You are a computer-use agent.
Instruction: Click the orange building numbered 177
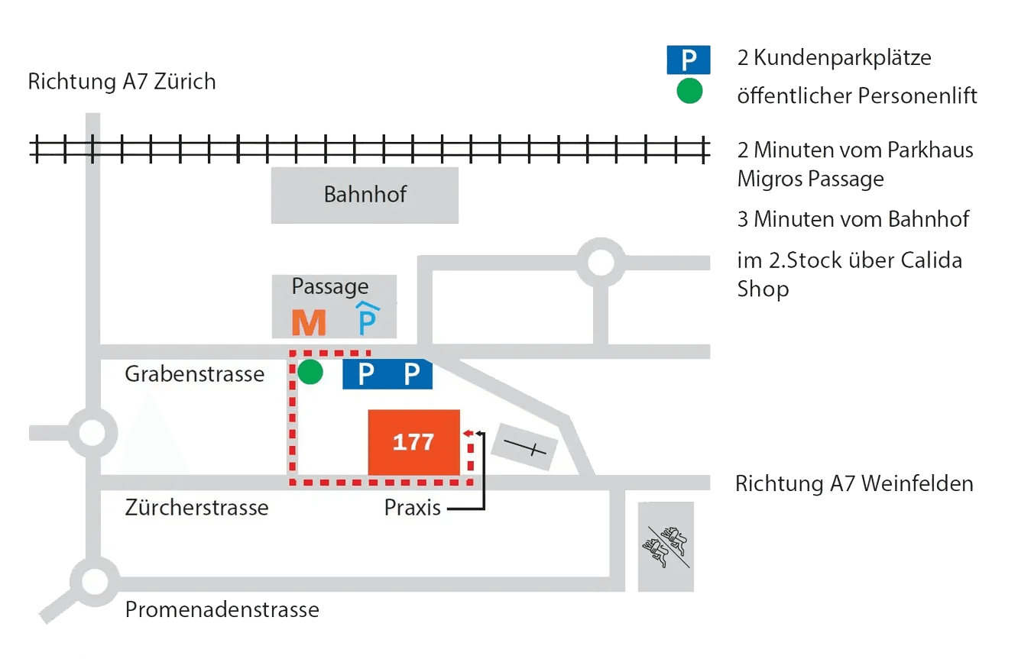413,442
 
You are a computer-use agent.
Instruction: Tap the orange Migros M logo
309,322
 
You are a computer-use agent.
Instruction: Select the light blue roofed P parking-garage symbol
368,319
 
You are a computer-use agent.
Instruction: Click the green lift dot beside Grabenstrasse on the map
310,373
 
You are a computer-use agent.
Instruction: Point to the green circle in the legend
689,92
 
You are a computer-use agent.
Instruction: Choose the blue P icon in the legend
689,60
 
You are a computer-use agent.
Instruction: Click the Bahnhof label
365,194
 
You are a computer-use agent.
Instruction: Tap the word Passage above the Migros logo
329,287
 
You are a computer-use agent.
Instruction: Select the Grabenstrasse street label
195,374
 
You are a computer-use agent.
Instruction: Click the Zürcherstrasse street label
196,507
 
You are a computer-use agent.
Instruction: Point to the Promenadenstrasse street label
222,609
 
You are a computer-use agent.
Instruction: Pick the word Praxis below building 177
412,508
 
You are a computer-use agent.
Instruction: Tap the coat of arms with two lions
666,547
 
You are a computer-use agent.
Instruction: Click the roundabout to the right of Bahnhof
600,263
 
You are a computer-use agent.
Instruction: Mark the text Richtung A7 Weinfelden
854,483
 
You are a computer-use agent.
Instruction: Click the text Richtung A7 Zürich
122,82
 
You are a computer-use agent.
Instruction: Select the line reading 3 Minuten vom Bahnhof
852,220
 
